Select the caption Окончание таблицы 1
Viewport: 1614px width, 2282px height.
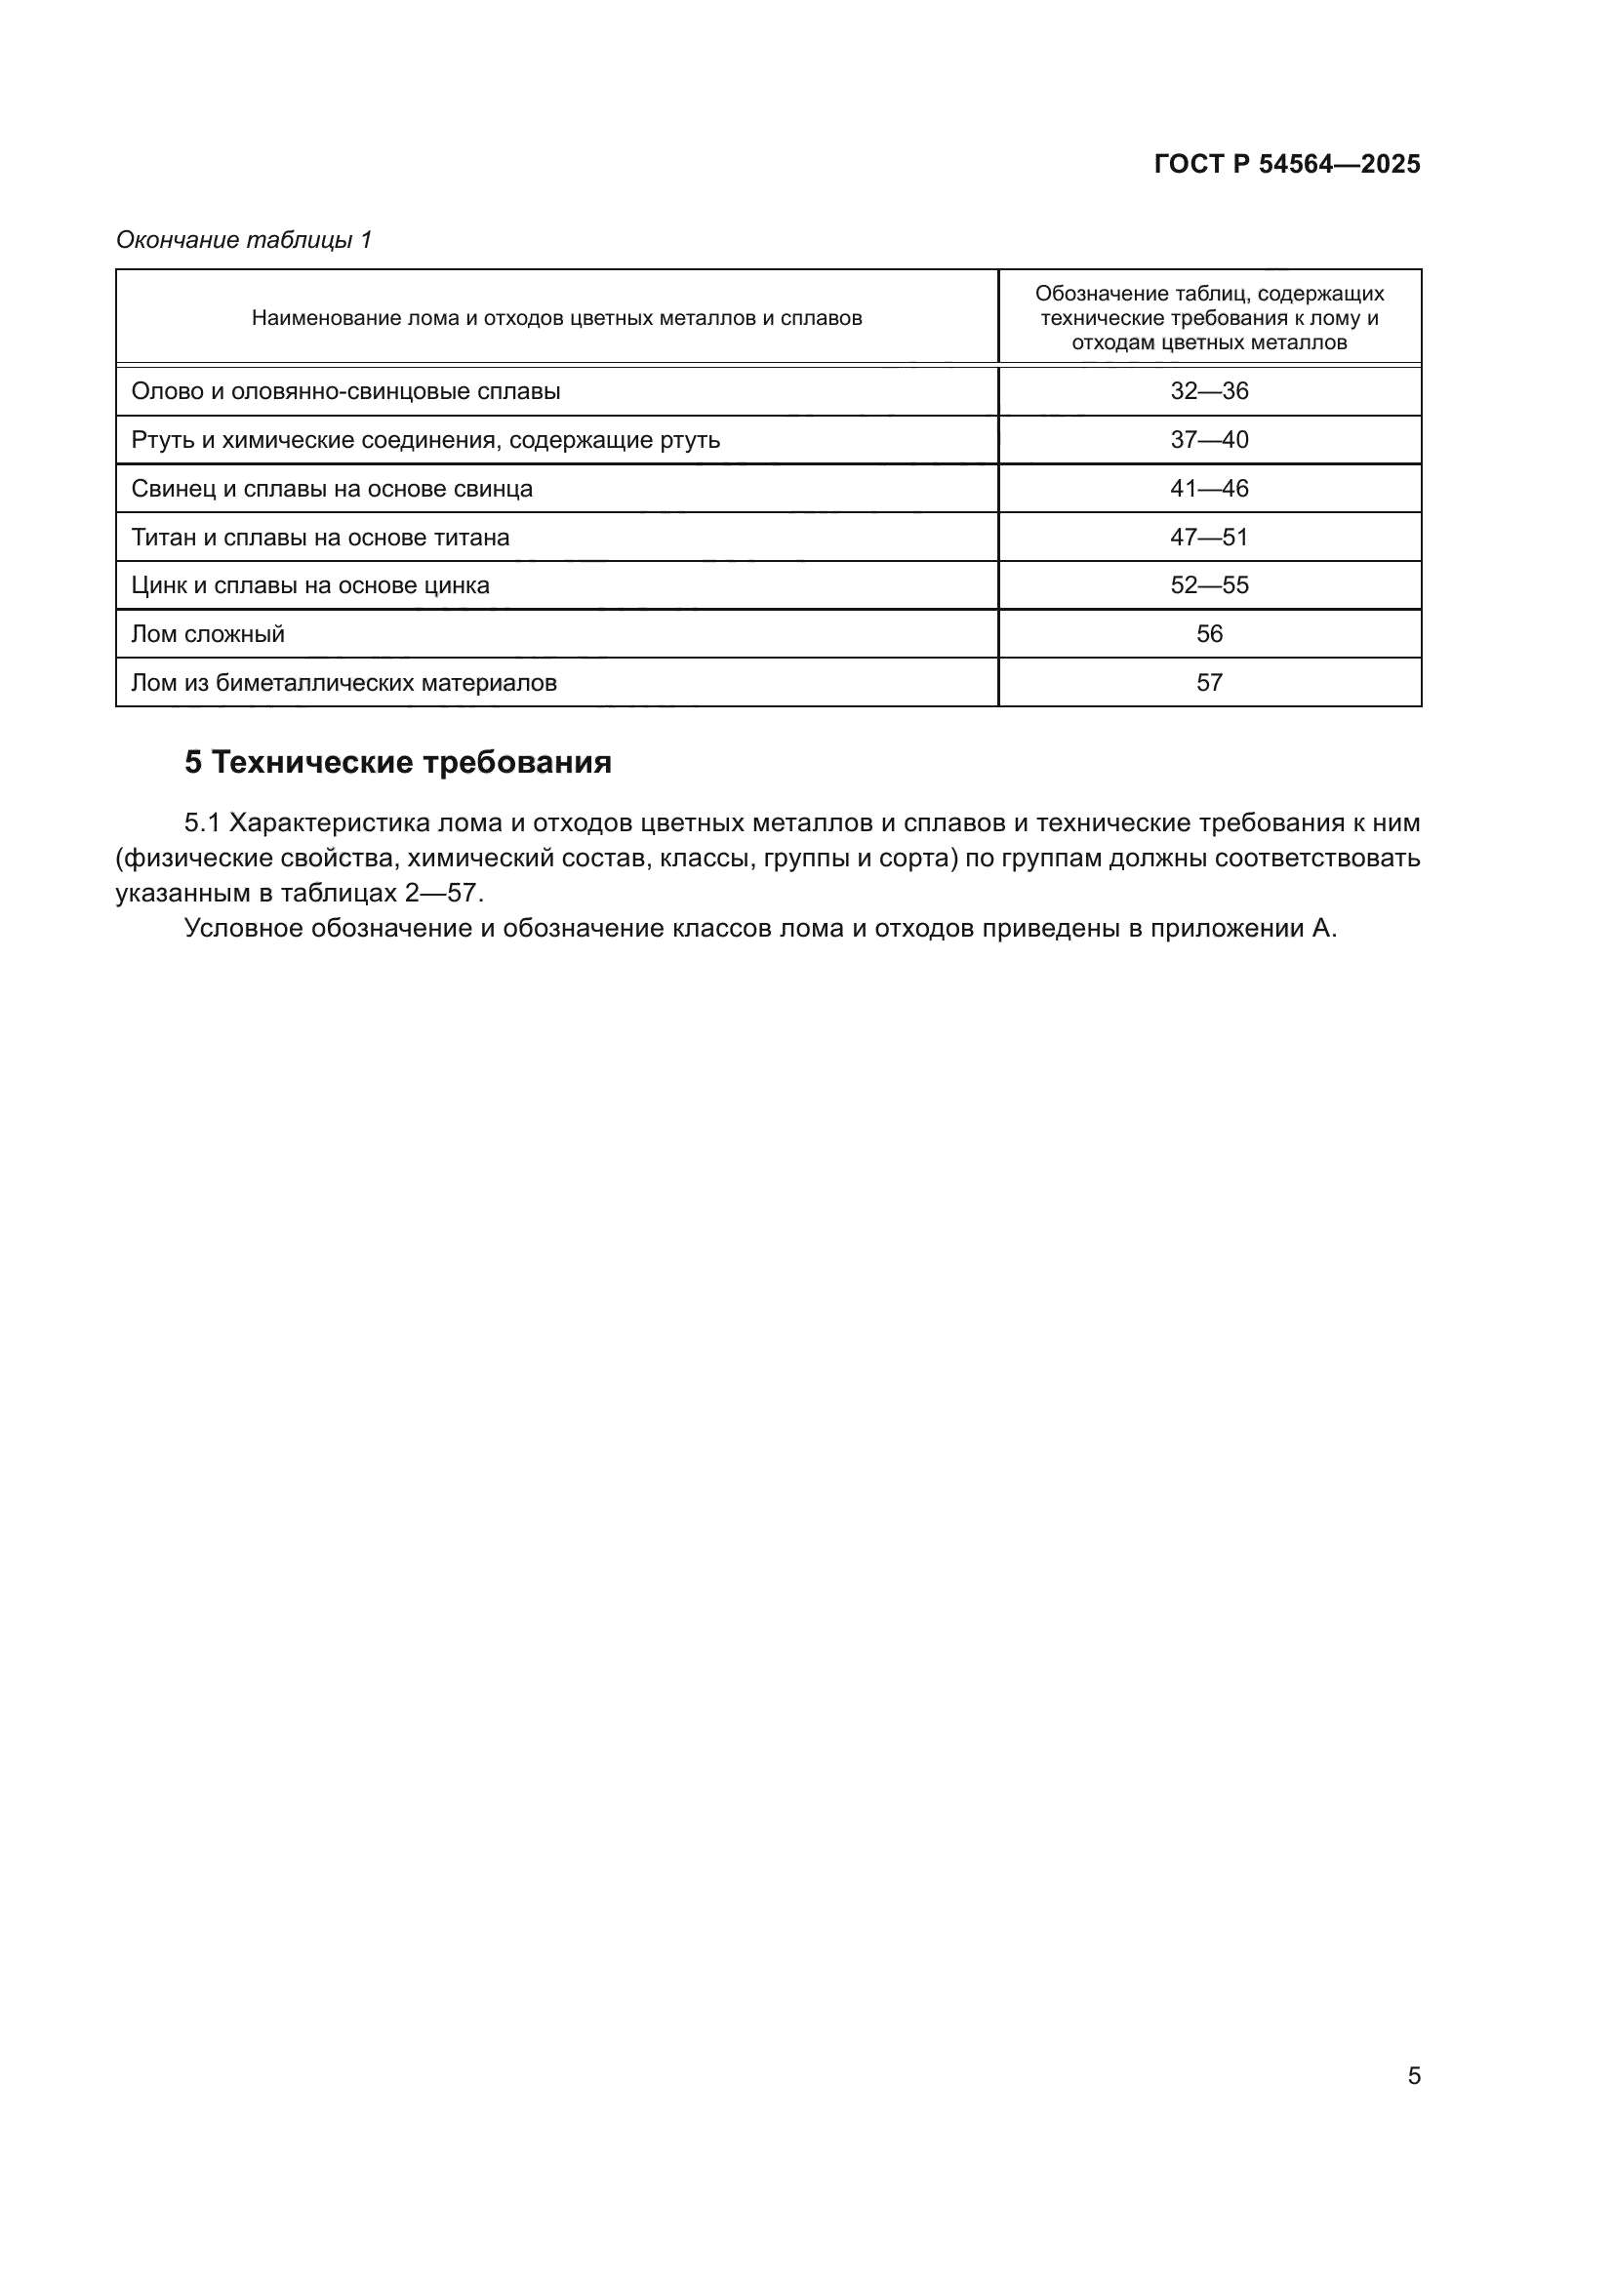pos(244,240)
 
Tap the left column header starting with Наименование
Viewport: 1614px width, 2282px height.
pos(556,318)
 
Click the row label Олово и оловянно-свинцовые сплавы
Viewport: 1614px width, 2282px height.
pos(345,391)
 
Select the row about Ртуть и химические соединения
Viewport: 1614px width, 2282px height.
pos(425,440)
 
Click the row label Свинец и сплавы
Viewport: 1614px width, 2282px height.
pos(332,489)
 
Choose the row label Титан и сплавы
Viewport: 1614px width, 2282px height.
pos(320,538)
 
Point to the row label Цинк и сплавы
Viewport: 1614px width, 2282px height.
pos(310,585)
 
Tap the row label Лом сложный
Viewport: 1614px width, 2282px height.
pos(208,634)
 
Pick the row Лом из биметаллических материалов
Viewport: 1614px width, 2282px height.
pos(343,683)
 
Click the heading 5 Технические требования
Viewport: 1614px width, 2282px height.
pos(397,762)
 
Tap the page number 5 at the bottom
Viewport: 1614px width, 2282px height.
pos(1413,2075)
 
